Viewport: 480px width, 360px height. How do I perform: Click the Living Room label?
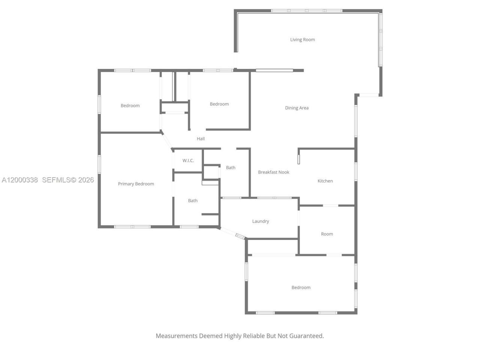302,39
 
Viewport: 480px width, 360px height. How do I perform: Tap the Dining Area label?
297,108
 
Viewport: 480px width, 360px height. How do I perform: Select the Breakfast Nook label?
273,172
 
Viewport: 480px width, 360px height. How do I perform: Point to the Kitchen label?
325,181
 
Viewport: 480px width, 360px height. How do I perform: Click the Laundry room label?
260,221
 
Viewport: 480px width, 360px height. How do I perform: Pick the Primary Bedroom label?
136,184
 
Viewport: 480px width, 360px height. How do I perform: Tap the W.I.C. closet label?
188,160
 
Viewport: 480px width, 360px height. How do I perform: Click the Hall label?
201,139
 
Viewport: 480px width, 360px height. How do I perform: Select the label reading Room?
327,234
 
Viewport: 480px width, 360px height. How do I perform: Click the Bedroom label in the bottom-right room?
301,288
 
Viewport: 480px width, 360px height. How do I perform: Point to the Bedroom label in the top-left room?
130,106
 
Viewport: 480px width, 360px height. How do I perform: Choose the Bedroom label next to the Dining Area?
219,104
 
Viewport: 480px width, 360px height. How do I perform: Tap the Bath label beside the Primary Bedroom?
193,201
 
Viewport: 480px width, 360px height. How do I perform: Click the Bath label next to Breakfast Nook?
231,168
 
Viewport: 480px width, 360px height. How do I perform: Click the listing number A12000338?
20,180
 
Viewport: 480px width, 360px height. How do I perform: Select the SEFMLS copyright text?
68,180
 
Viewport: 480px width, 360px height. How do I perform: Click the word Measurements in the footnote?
176,336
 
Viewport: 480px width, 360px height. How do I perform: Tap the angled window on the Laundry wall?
240,236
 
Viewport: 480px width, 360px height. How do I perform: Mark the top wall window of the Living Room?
306,10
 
